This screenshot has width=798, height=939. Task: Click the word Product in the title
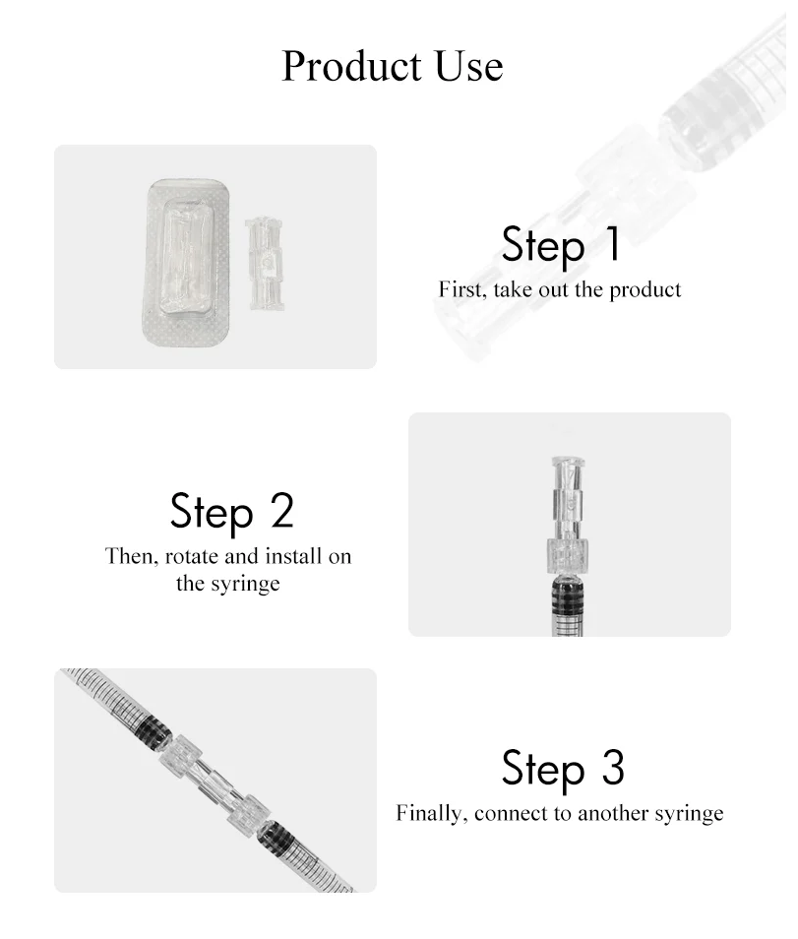(352, 67)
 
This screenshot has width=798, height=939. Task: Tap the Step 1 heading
(561, 245)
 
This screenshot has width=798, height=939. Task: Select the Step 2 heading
(231, 512)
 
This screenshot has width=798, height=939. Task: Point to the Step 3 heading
(563, 769)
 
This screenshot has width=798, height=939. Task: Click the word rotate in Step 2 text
(191, 556)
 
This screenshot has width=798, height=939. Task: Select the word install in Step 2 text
(293, 556)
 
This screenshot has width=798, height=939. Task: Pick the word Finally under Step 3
(432, 814)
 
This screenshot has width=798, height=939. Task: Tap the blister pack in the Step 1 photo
(186, 263)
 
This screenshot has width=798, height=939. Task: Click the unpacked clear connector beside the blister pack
(265, 264)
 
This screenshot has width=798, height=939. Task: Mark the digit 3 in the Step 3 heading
(613, 767)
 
